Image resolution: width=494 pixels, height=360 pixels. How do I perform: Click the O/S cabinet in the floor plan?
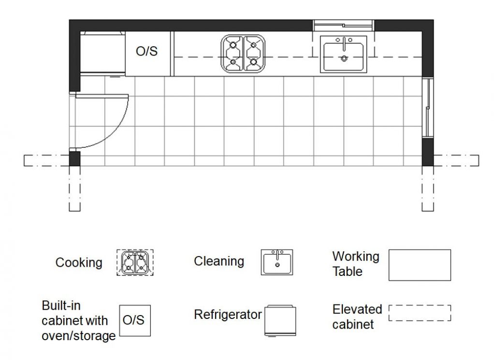147,53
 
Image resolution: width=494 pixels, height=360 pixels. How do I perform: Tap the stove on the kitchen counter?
244,53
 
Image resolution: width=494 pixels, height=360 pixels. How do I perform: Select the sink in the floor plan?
344,54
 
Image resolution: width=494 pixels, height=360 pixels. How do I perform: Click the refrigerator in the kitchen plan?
102,53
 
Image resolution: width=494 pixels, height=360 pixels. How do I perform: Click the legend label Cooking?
79,263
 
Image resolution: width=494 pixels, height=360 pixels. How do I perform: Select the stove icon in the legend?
135,263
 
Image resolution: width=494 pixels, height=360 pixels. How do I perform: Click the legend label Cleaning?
219,261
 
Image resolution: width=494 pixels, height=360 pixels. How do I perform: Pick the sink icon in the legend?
277,262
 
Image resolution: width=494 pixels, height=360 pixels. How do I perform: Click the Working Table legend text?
356,264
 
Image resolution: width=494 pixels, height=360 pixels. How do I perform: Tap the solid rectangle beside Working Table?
420,265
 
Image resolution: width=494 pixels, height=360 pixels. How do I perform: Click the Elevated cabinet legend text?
357,317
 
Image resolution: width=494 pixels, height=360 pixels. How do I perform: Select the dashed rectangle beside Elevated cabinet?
420,313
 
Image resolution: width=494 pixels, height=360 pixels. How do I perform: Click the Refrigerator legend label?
228,315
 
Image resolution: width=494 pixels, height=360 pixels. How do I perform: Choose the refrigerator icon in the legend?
280,320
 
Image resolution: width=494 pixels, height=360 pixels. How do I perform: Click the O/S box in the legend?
135,320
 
